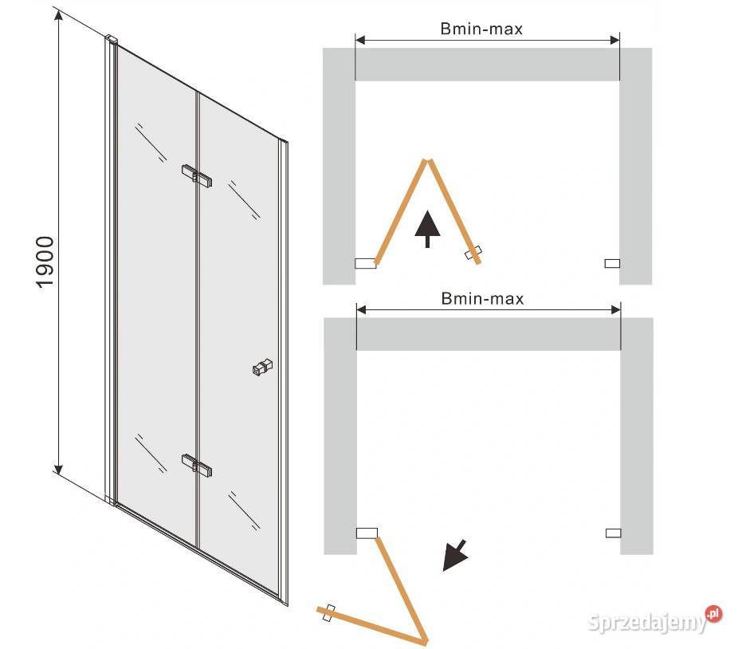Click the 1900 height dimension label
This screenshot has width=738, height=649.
point(45,262)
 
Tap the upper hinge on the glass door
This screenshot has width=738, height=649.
point(197,175)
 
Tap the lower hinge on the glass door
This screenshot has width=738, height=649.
point(197,466)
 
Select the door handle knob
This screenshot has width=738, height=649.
point(263,368)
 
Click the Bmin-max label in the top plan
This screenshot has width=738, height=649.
point(481,29)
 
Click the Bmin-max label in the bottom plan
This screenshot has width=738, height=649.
point(482,299)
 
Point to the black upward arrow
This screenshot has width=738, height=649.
point(427,229)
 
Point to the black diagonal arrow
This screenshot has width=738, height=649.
point(454,556)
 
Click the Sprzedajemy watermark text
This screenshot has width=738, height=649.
point(648,623)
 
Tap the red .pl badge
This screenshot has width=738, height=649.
point(713,614)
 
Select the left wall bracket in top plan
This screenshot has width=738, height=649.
point(366,263)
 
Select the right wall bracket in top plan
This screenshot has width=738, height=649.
point(612,263)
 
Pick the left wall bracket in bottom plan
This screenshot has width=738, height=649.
point(367,533)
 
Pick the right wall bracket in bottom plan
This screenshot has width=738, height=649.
point(614,533)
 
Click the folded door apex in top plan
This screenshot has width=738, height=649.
point(428,161)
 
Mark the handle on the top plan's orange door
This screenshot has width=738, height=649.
point(473,253)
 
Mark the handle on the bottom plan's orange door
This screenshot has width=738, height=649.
point(330,613)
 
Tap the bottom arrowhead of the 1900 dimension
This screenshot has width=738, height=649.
point(58,469)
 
